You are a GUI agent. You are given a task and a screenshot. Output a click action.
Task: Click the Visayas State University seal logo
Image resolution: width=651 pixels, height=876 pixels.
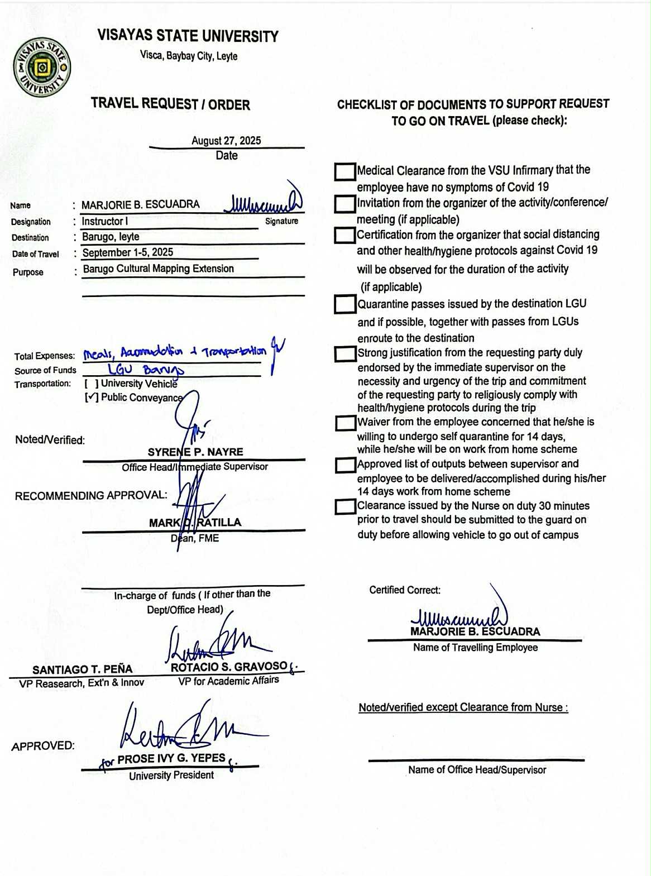pos(42,68)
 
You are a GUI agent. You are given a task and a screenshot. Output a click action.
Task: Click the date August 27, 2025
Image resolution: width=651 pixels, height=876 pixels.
pos(226,141)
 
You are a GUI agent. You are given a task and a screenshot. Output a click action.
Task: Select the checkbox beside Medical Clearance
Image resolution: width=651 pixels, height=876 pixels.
pos(345,172)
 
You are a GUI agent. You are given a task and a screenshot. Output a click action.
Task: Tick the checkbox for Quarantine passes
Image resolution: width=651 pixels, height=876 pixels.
pos(345,304)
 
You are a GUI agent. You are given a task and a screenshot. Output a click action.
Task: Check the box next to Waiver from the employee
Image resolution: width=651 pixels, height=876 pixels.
pos(346,423)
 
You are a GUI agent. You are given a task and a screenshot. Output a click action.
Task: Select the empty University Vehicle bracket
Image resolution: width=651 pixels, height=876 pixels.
pos(92,384)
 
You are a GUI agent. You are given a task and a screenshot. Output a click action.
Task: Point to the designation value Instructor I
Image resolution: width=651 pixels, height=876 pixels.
pos(105,222)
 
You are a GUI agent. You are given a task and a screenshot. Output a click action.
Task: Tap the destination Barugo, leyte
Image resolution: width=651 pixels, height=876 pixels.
pos(111,237)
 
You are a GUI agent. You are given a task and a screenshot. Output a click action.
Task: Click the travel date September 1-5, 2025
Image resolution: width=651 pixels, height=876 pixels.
pos(128,252)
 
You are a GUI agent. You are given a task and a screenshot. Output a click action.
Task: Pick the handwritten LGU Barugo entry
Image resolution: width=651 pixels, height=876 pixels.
pos(145,370)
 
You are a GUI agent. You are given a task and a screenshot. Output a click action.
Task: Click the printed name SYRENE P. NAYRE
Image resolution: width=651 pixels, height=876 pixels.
pos(195,452)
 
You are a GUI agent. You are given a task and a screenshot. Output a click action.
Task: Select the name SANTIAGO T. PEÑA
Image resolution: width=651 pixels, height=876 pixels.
pos(82,669)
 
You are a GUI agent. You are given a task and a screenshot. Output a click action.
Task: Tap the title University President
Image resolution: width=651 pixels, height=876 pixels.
pos(171,776)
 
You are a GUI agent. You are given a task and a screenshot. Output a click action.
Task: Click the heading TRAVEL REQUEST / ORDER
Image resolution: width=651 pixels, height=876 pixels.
pos(170,104)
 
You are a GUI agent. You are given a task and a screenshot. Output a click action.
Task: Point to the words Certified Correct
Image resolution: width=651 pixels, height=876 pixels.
pos(405,590)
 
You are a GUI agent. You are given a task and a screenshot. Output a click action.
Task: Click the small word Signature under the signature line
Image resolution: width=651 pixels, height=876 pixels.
pos(281,221)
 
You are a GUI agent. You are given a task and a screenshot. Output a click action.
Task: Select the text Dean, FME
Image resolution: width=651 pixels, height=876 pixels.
pos(195,538)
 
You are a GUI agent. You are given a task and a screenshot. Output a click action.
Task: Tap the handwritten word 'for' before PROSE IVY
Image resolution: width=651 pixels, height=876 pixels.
pos(107,763)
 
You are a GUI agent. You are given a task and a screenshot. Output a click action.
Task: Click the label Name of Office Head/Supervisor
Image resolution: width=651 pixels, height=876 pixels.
pos(477,770)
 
